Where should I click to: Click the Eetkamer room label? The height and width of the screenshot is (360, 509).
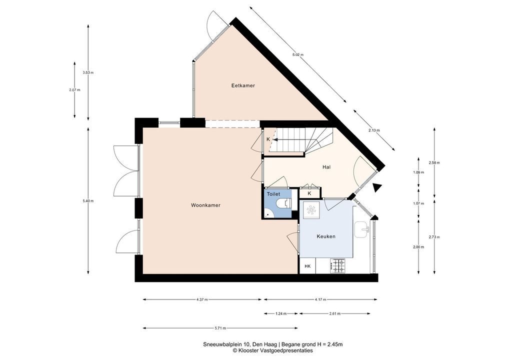coord(243,85)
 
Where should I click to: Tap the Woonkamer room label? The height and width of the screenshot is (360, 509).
coord(205,205)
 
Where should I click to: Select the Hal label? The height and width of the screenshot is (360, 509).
coord(326,167)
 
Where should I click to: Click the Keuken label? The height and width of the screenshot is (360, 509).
coord(326,236)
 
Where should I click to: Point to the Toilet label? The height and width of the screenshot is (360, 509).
coord(273,194)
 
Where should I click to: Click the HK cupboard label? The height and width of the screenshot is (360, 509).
coord(307,266)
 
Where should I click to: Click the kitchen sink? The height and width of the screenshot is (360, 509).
coord(361,230)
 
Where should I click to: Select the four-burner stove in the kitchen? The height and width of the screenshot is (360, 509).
coord(337,265)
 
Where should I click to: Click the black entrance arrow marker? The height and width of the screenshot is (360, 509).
coord(376,187)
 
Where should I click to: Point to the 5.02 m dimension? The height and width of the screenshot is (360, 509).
coord(297,55)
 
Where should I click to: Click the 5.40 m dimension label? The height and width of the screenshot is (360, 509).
coord(88,201)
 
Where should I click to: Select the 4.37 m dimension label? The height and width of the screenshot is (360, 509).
coord(202,299)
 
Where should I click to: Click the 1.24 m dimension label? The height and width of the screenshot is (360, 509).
coord(281,313)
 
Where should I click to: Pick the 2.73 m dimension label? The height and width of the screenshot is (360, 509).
coord(434,237)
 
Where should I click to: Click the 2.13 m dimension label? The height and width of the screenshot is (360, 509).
coord(374,130)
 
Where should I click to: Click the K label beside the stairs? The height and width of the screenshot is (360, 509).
coord(268,139)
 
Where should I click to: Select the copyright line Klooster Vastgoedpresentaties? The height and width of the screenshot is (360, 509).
coord(272,350)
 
